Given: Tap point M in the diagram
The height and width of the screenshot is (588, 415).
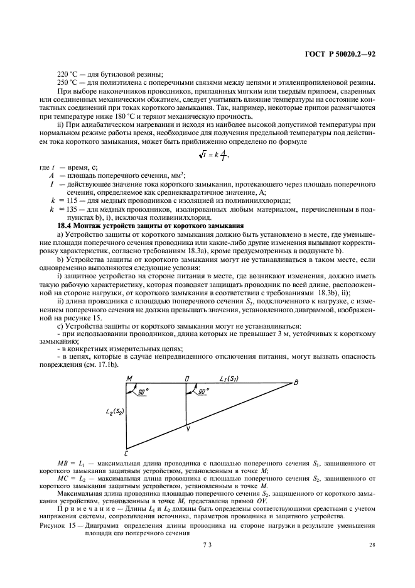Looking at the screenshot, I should pos(129,378).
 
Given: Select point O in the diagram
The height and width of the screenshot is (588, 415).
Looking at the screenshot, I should pos(186,378).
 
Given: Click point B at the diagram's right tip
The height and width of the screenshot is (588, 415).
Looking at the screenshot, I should pos(296,383).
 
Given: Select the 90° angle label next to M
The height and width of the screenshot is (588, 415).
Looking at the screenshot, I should pos(143,391).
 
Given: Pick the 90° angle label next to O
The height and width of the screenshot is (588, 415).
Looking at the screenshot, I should pos(203,391).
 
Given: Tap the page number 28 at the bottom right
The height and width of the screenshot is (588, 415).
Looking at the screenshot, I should pos(372,545).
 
